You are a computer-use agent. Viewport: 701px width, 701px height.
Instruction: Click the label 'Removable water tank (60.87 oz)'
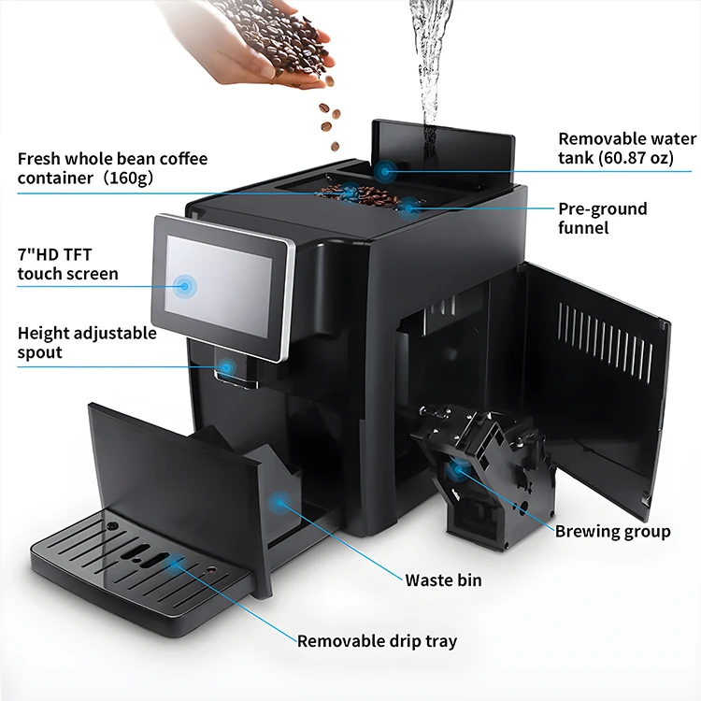point(627,149)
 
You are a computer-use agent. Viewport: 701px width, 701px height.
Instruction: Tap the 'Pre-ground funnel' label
point(602,218)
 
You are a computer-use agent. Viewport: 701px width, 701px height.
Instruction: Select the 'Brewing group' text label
point(612,531)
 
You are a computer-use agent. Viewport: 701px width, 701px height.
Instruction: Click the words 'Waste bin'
point(443,579)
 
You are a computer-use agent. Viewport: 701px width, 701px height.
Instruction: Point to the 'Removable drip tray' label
point(377,641)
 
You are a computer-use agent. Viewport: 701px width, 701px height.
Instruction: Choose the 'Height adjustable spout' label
point(87,342)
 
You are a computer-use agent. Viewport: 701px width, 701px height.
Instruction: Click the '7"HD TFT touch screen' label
point(68,264)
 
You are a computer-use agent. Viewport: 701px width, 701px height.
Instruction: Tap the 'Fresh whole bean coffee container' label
point(113,168)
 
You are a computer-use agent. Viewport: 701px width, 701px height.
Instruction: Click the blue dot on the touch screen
point(185,285)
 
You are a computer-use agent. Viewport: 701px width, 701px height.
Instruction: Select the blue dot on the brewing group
point(457,469)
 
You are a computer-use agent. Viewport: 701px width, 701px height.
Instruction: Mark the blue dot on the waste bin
point(280,502)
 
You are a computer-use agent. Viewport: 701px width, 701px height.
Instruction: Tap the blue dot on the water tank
point(384,171)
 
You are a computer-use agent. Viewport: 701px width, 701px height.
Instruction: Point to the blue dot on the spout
point(227,367)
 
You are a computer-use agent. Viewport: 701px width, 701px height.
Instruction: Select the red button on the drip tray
point(212,570)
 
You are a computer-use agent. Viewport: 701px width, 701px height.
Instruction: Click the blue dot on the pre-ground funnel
point(408,208)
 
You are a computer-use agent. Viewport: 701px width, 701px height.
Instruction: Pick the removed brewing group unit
point(486,474)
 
